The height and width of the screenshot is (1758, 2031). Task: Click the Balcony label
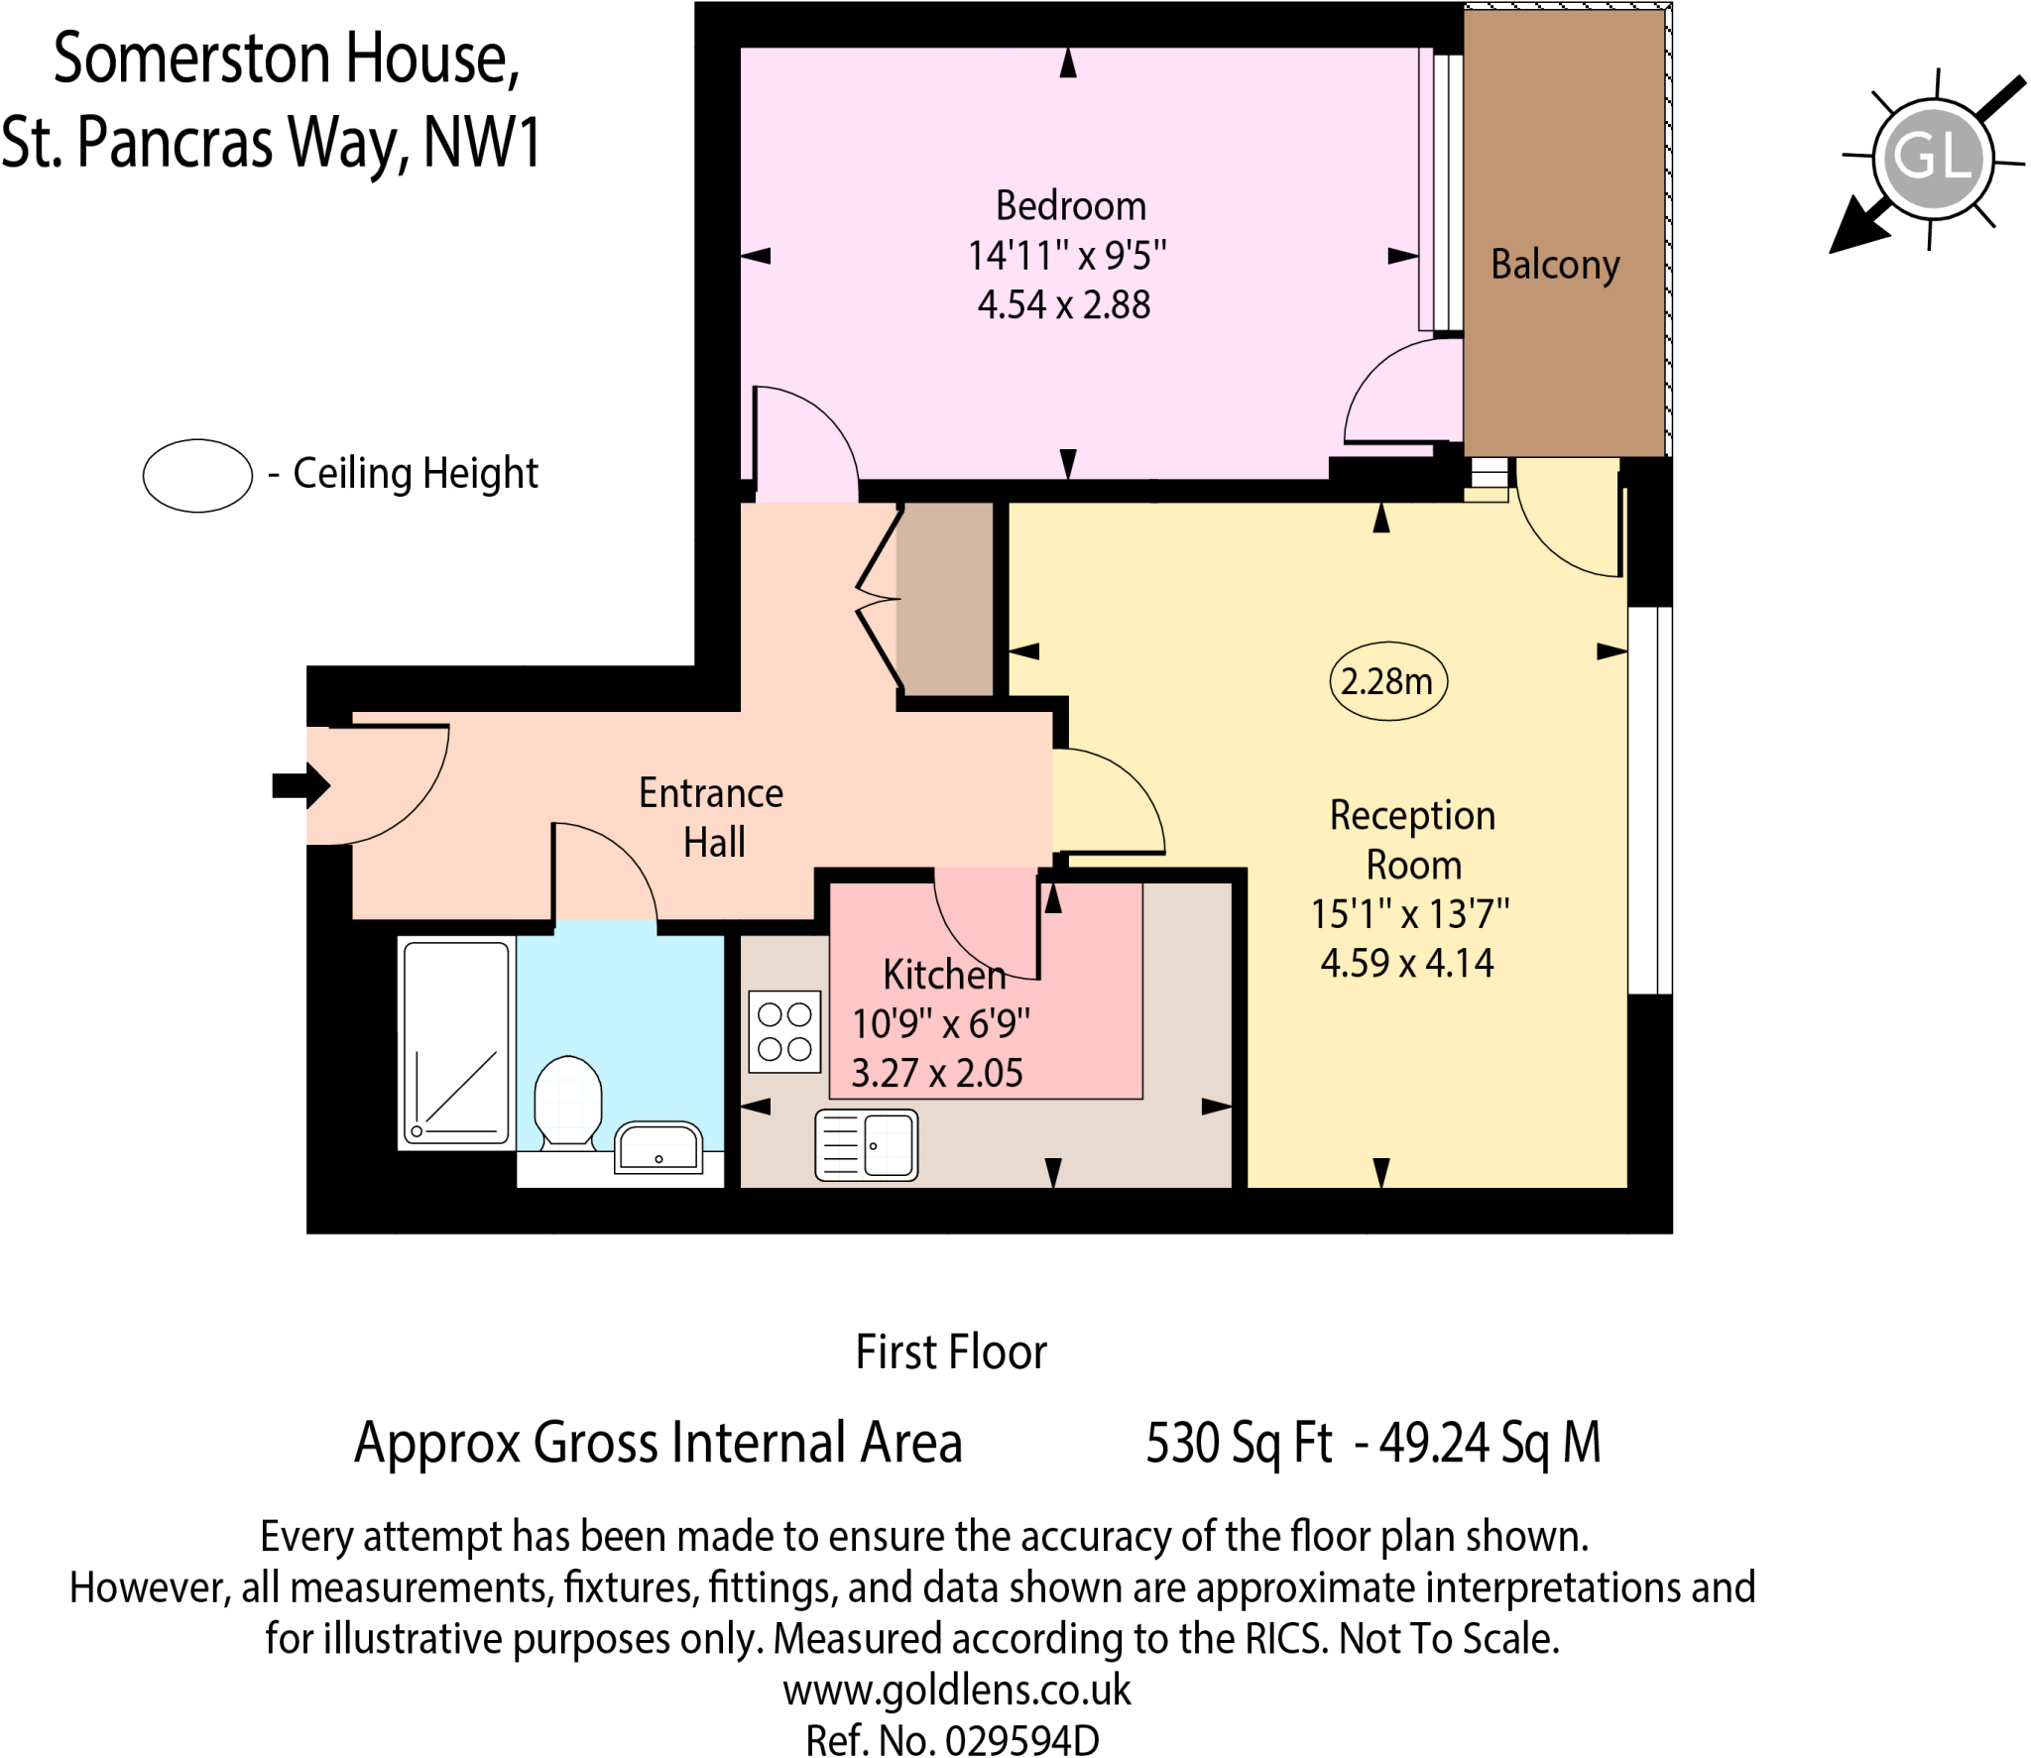coord(1554,265)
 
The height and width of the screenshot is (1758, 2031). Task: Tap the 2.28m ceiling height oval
coord(1387,681)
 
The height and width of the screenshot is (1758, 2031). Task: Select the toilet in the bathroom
coord(567,1102)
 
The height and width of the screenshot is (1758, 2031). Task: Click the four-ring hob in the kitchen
coord(784,1031)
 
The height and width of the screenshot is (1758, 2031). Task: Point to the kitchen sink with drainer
coord(866,1145)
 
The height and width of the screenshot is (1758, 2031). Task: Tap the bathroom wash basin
coord(658,1147)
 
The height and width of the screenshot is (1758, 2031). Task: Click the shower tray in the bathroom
coord(456,1043)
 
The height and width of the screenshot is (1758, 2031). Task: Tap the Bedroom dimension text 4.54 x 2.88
coord(1064,304)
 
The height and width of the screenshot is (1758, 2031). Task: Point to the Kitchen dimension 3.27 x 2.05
coord(937,1073)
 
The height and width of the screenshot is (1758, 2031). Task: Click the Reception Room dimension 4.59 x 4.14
coord(1407,963)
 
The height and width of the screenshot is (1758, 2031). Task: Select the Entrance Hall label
coord(712,817)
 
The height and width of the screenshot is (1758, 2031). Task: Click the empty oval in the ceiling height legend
coord(197,476)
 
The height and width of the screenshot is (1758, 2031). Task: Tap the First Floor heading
coord(950,1351)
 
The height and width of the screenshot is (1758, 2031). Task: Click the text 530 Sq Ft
coord(1239,1443)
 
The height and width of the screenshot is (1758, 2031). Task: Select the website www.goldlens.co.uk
coord(956,1689)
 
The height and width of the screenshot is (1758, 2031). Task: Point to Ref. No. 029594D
coord(952,1739)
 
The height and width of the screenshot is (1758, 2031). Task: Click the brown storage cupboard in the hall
coord(945,599)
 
